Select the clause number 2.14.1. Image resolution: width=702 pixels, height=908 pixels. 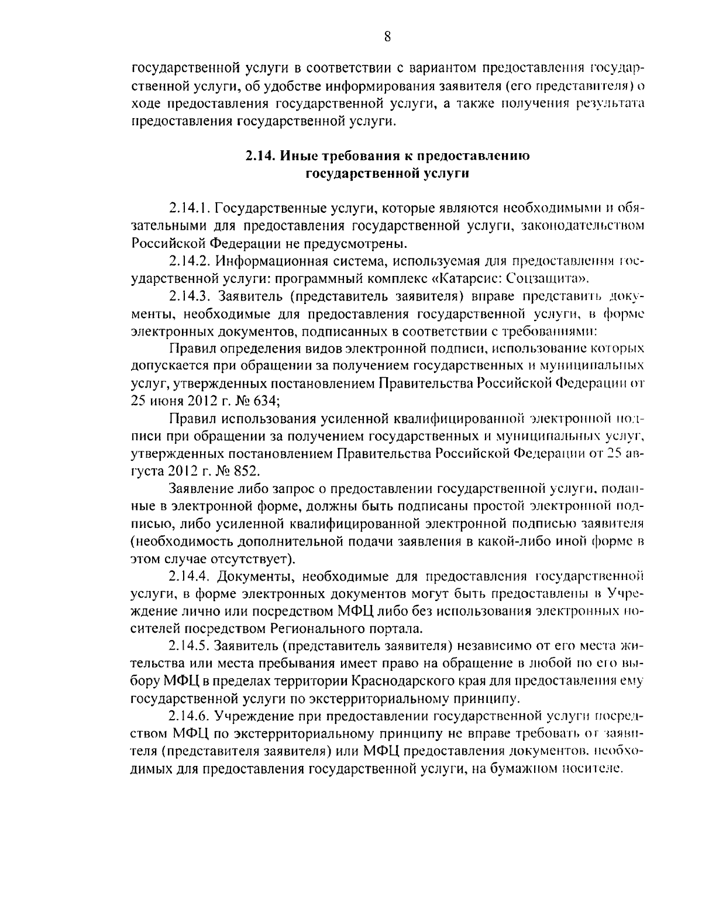pos(190,208)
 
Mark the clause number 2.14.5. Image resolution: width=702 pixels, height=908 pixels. pos(190,646)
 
